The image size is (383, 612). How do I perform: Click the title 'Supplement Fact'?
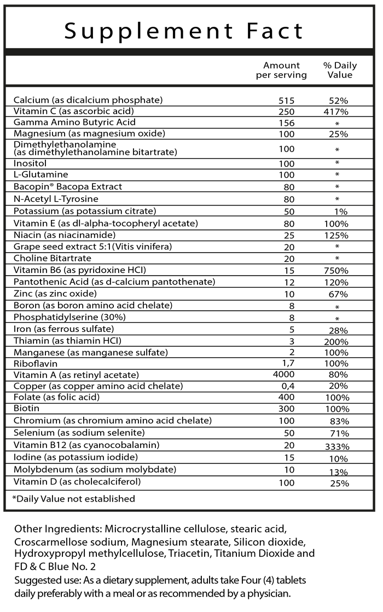coord(184,31)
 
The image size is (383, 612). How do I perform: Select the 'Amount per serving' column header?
coord(281,70)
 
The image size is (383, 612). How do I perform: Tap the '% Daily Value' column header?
coord(340,70)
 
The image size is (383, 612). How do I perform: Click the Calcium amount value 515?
coord(286,101)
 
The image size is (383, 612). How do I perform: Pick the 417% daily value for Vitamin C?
coord(336,112)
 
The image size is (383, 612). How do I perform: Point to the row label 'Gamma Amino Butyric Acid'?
coord(74,122)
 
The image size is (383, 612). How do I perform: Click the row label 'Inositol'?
coord(30,163)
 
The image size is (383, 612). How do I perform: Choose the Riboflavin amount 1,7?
coord(286,363)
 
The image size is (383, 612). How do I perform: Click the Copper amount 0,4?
coord(286,386)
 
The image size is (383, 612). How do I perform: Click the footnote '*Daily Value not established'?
coord(73,498)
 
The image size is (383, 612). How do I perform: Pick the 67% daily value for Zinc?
coord(337,294)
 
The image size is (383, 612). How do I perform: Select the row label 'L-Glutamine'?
coord(41,174)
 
